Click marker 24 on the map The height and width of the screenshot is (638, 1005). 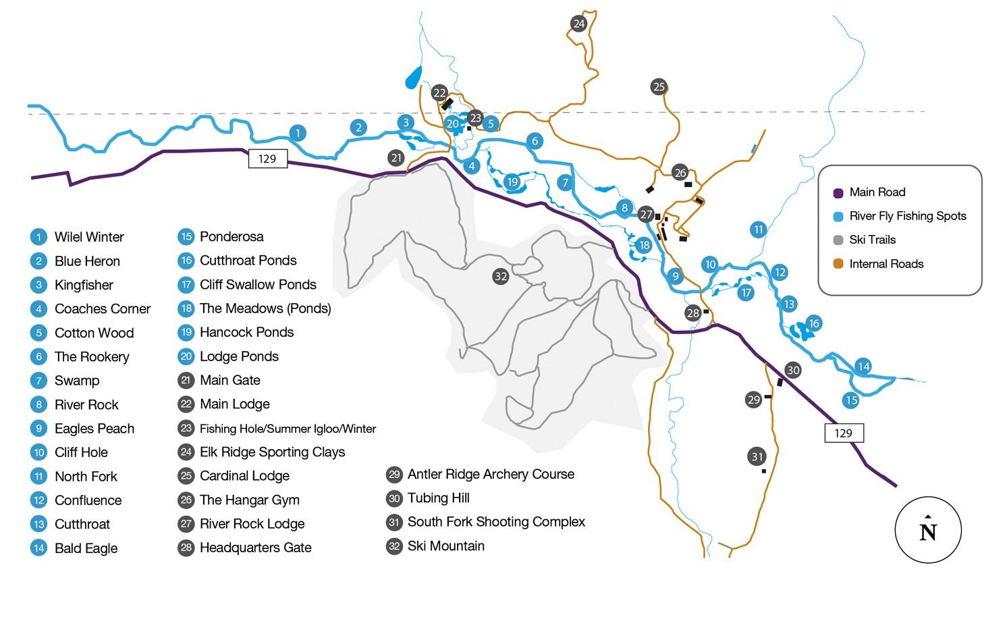point(578,24)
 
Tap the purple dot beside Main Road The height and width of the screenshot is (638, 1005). point(838,192)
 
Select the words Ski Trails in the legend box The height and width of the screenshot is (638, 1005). point(872,240)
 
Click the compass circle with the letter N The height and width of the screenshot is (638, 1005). point(928,531)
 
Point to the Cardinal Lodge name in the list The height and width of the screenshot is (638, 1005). point(244,476)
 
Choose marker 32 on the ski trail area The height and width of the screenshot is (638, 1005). point(500,276)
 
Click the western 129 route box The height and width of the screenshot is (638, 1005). point(267,159)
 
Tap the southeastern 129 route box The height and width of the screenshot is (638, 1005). point(843,433)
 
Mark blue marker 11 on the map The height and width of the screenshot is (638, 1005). point(759,230)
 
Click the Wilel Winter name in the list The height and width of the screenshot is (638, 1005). point(89,237)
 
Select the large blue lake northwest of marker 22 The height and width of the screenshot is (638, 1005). point(413,78)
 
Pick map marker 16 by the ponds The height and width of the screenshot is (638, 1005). point(813,323)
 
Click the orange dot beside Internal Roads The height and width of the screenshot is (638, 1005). point(838,264)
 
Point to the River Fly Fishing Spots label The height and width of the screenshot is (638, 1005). point(907,216)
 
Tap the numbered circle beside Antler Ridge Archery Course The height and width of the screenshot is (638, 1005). point(394,475)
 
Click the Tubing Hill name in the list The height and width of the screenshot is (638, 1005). point(438,498)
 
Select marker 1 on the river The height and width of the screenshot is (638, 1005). point(298,134)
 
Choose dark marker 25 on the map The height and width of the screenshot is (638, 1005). point(659,86)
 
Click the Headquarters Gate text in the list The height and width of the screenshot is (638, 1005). point(255,548)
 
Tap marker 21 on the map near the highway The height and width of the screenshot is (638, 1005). point(396,158)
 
